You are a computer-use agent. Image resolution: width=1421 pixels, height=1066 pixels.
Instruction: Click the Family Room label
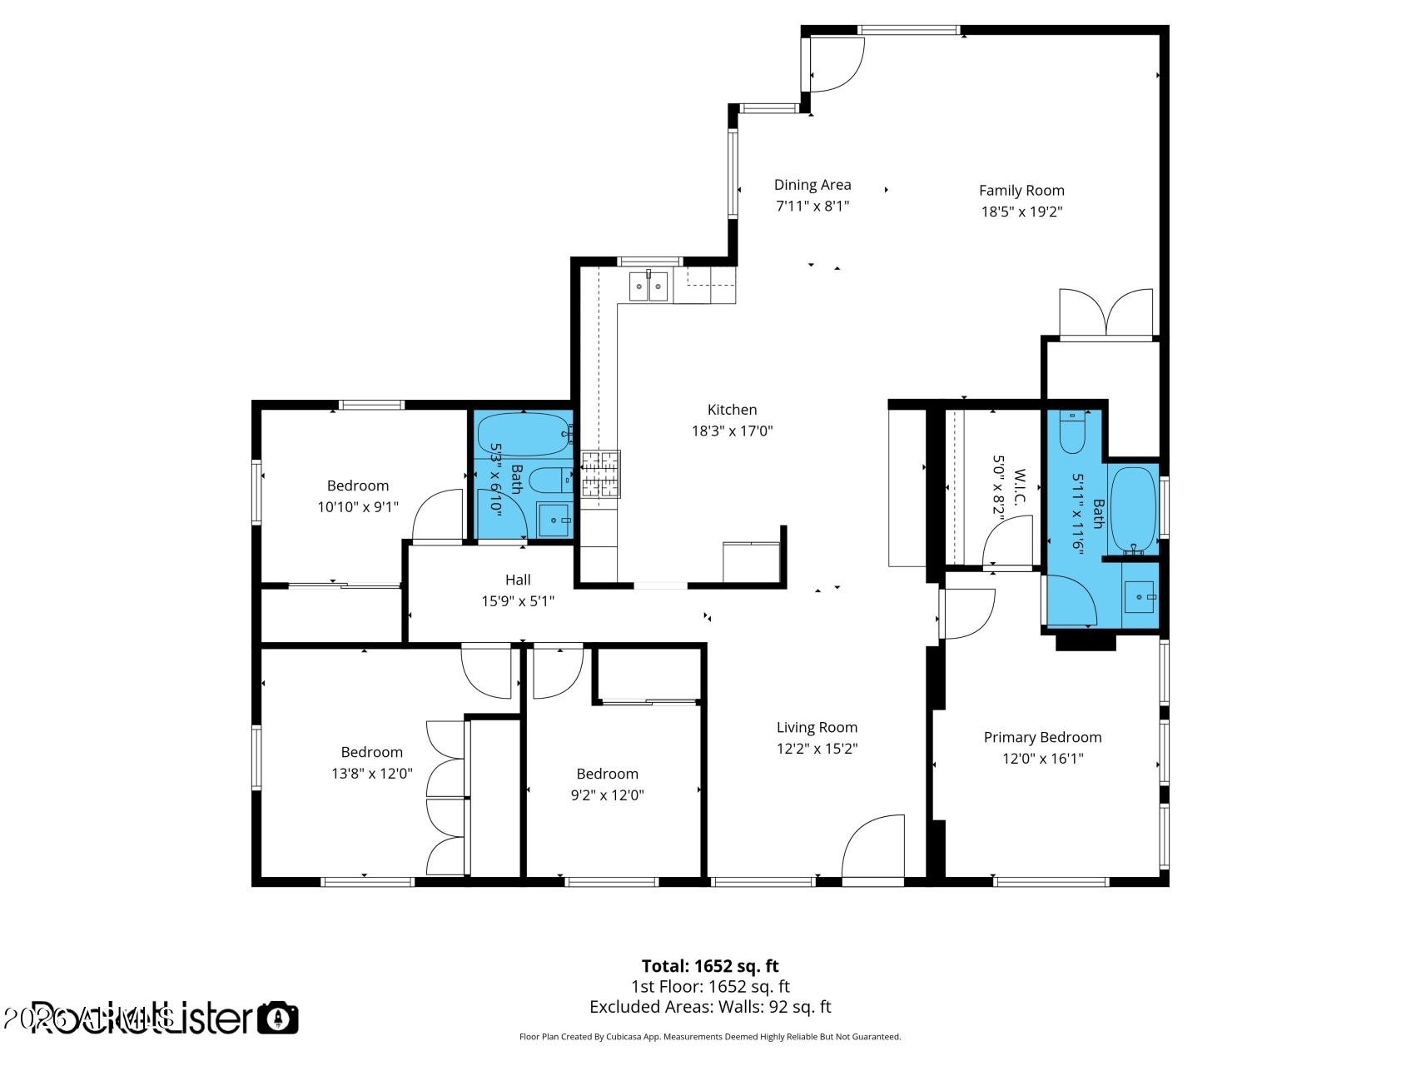pos(1021,191)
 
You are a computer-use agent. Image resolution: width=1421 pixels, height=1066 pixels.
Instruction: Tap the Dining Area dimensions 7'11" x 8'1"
pos(812,206)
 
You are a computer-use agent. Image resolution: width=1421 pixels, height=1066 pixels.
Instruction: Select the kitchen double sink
pos(648,286)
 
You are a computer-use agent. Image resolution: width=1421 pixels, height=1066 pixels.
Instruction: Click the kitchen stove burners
pos(601,474)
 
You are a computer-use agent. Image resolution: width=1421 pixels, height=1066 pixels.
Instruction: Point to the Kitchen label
pos(732,410)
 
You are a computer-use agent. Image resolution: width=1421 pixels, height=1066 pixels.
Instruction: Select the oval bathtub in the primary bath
pos(1133,509)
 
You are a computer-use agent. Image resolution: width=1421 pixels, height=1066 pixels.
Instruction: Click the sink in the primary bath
pos(1139,597)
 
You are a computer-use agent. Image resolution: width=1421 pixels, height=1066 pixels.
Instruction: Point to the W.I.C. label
pos(1020,487)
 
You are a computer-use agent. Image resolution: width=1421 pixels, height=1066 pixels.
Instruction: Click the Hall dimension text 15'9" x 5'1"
pos(518,600)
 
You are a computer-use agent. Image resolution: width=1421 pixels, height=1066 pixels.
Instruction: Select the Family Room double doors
pos(1106,315)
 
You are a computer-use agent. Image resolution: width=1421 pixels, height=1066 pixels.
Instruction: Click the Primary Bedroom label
pos(1042,737)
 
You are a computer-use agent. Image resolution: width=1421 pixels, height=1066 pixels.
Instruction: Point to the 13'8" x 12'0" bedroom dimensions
pos(371,773)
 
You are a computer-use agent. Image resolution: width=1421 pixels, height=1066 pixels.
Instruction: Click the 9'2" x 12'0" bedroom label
pos(607,774)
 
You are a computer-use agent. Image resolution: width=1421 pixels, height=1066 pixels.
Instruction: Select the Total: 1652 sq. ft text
pos(710,966)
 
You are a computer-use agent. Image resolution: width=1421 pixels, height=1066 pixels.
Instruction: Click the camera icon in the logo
pos(277,1018)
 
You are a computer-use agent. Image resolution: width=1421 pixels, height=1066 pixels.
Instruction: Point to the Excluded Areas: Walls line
pos(710,1006)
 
